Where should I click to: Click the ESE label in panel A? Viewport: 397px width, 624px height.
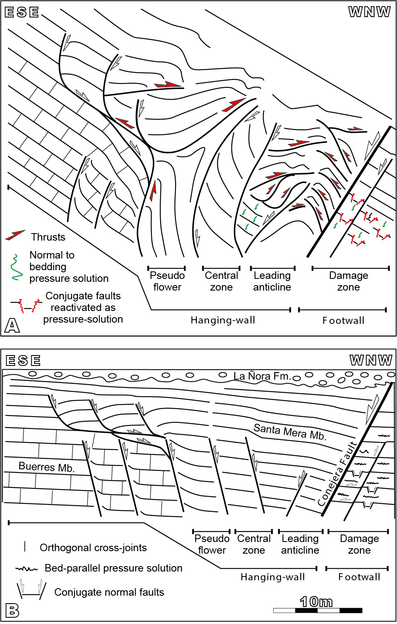pyautogui.click(x=22, y=12)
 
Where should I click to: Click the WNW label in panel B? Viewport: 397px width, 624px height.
pyautogui.click(x=370, y=360)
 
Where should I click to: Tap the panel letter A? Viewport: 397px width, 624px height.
pyautogui.click(x=12, y=326)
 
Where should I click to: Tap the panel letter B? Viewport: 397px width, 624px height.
pyautogui.click(x=12, y=611)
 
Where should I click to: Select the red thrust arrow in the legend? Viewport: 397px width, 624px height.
pyautogui.click(x=15, y=235)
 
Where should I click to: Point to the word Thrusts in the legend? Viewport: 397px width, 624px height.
pyautogui.click(x=48, y=237)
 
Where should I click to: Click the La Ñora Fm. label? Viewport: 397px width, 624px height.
pyautogui.click(x=261, y=376)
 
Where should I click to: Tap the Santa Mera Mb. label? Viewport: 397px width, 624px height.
pyautogui.click(x=289, y=431)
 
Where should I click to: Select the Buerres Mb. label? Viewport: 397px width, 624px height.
pyautogui.click(x=47, y=467)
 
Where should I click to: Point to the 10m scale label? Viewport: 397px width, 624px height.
pyautogui.click(x=316, y=602)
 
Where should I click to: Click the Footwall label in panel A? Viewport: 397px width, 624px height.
pyautogui.click(x=343, y=321)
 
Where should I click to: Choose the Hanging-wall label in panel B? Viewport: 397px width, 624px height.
pyautogui.click(x=273, y=577)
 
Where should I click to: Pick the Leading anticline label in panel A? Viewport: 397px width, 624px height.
pyautogui.click(x=272, y=281)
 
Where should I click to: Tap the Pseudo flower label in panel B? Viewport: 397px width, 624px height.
pyautogui.click(x=212, y=544)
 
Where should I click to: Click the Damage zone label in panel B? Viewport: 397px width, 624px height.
pyautogui.click(x=359, y=544)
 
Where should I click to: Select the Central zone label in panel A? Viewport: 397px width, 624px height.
pyautogui.click(x=221, y=281)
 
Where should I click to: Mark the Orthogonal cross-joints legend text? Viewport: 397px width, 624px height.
pyautogui.click(x=93, y=548)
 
